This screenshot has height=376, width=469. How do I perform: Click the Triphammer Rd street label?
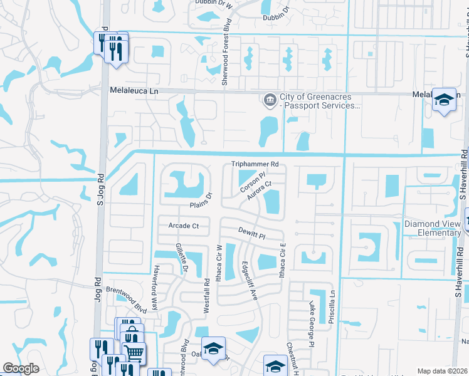tap(255, 164)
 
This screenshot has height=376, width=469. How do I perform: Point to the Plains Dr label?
tap(202, 200)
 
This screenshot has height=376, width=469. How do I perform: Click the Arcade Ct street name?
tap(183, 226)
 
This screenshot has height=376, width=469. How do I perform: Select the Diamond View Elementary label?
tap(432, 229)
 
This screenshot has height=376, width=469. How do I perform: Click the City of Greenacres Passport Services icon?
tap(270, 100)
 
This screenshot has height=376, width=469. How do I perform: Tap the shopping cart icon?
tap(134, 353)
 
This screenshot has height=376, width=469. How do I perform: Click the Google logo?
tap(21, 368)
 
